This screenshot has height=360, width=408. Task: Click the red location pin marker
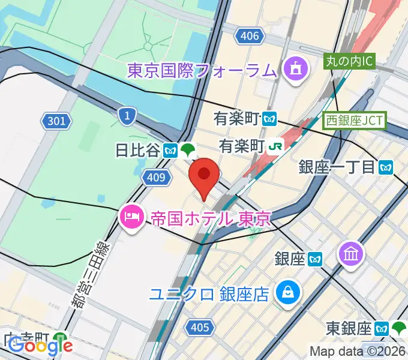[204, 175]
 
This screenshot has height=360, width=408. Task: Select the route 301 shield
[55, 122]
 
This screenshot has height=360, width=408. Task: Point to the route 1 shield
[126, 116]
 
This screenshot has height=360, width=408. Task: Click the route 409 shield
[155, 176]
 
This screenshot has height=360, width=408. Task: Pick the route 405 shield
[199, 327]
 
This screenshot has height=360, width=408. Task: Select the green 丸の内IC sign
[350, 61]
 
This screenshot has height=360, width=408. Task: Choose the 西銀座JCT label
[355, 120]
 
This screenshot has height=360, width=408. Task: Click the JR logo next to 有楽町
[276, 145]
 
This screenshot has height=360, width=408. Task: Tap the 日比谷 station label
[138, 150]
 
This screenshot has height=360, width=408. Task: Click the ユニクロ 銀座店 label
[209, 294]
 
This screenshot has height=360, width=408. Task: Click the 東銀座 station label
[349, 328]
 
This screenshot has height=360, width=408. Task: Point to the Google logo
[40, 346]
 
